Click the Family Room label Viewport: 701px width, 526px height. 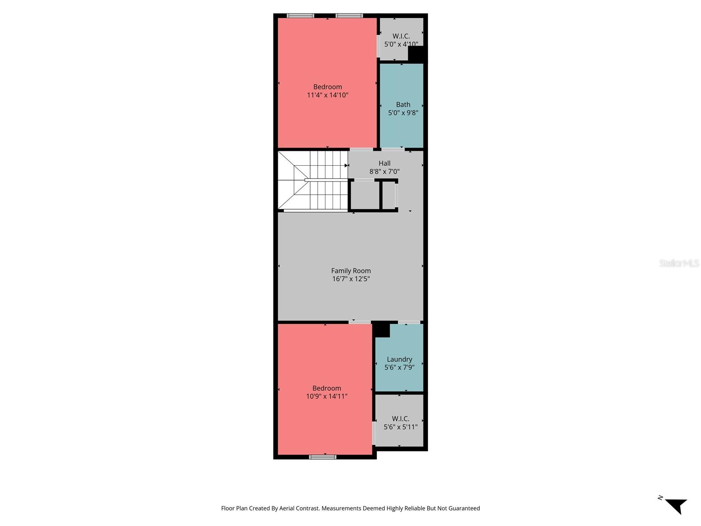coord(350,271)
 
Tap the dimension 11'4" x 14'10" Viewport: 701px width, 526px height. coord(327,95)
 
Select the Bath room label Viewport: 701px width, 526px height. coord(403,104)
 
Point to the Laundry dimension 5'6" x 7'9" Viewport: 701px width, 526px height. coord(399,367)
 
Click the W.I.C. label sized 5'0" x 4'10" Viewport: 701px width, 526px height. coord(401,36)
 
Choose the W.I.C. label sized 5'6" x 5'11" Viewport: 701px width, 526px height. coord(400,419)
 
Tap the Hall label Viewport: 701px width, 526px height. coord(384,163)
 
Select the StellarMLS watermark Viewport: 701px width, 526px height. coord(679,263)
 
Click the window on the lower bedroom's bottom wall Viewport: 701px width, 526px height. coord(322,457)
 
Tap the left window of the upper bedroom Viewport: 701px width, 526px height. coord(300,16)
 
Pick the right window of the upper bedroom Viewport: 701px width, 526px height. coord(349,16)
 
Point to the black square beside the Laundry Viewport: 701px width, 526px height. coord(382,329)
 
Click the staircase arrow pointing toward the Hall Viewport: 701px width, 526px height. coord(346,165)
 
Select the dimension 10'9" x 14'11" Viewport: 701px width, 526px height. coord(326,396)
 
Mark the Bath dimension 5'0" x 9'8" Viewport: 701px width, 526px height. coord(403,113)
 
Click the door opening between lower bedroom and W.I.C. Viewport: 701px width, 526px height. coord(374,433)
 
